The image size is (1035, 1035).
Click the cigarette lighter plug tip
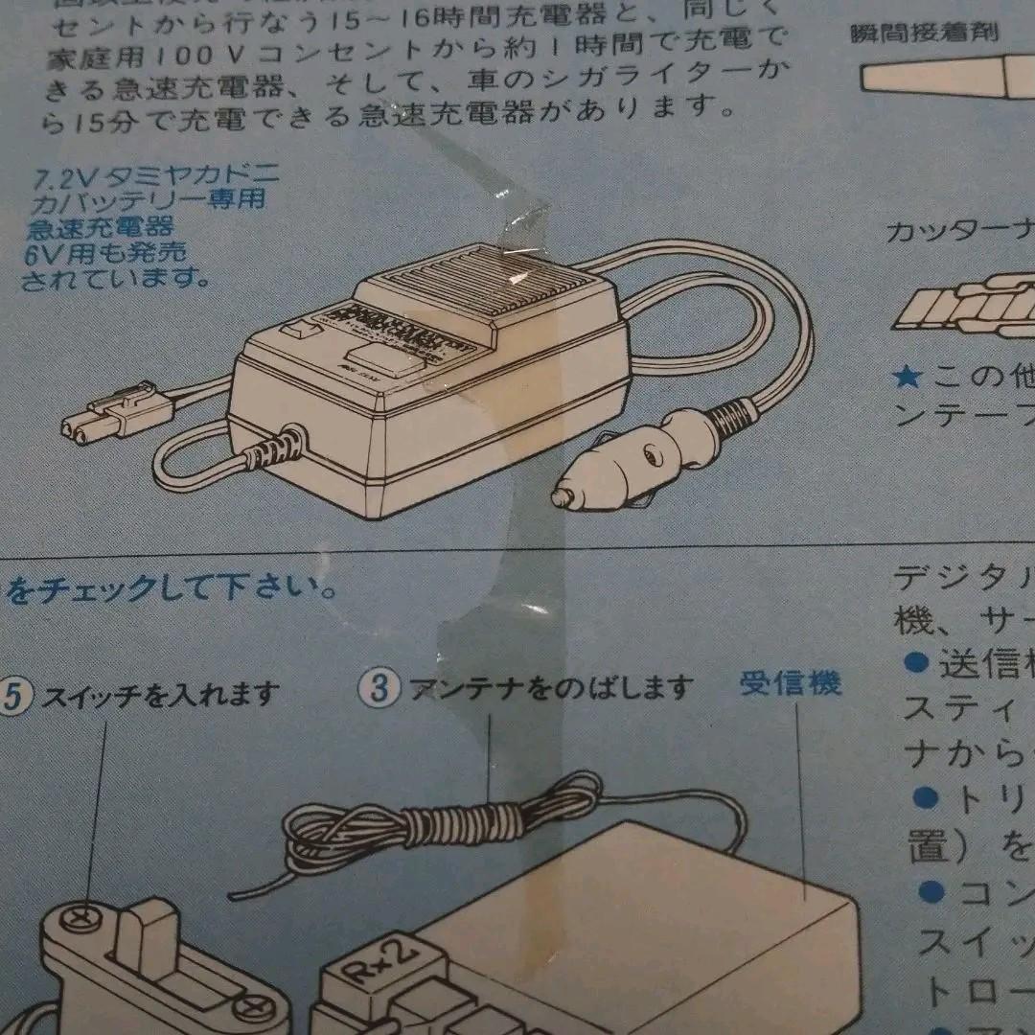pos(560,496)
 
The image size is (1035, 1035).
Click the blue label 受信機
pos(791,683)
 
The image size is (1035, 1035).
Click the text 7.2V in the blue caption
pos(56,179)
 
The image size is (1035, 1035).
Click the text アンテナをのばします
pos(551,688)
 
